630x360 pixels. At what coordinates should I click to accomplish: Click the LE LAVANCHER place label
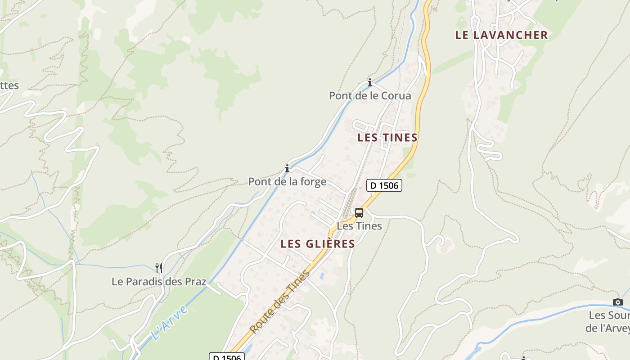[x=501, y=35]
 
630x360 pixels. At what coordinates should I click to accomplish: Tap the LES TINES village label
[x=387, y=138]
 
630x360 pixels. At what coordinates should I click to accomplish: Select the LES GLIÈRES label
[x=318, y=244]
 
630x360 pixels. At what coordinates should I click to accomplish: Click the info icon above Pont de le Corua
[x=370, y=82]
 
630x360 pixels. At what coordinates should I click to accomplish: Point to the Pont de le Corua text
[x=370, y=96]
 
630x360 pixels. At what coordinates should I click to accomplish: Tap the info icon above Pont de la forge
[x=287, y=169]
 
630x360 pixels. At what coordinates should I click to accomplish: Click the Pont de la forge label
[x=287, y=182]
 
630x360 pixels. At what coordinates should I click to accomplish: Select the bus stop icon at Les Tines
[x=359, y=213]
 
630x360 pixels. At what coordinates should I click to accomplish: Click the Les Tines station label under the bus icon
[x=359, y=226]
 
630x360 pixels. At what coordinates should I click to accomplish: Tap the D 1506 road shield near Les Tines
[x=384, y=185]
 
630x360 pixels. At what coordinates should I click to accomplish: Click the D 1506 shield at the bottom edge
[x=227, y=357]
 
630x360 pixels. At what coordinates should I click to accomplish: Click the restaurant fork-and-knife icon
[x=158, y=268]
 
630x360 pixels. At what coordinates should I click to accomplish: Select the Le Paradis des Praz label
[x=159, y=282]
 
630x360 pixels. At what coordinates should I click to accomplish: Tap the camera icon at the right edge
[x=618, y=302]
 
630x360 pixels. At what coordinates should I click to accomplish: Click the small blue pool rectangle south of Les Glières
[x=322, y=274]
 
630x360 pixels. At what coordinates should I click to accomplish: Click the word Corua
[x=396, y=96]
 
